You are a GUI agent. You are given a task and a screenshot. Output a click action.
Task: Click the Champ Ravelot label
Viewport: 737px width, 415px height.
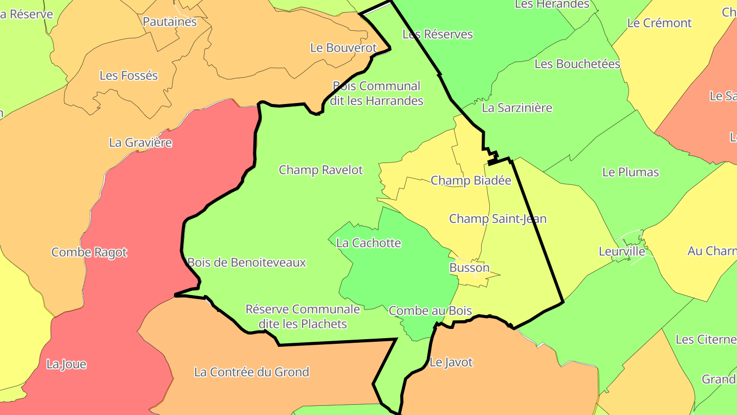click(x=320, y=170)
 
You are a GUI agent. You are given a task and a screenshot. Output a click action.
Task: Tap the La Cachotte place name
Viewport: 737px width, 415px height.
click(x=368, y=243)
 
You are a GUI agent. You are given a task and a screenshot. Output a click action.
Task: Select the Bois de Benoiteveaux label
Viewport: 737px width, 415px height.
click(x=246, y=262)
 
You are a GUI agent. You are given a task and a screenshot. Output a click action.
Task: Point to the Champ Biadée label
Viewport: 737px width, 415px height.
click(x=471, y=180)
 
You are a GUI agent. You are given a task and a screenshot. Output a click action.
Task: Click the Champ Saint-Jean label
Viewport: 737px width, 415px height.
click(x=497, y=219)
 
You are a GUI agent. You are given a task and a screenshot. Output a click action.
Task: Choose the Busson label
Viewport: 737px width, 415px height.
click(x=469, y=267)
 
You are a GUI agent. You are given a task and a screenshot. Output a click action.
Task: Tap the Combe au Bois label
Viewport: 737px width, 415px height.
click(x=430, y=310)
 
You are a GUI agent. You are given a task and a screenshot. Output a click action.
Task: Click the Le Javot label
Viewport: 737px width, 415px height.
click(x=451, y=362)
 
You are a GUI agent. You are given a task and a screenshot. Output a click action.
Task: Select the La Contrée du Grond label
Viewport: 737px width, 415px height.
click(x=251, y=372)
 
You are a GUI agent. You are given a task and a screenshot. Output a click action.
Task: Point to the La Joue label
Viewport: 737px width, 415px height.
click(x=66, y=364)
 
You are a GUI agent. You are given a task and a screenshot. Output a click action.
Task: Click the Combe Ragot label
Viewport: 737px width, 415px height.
click(x=89, y=252)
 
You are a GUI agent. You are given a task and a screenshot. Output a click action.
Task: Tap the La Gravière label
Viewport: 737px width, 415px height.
click(x=140, y=142)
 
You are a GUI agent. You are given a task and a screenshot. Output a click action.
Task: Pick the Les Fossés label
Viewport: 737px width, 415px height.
click(x=128, y=75)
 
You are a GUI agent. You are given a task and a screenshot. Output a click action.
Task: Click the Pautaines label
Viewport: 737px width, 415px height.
click(x=169, y=22)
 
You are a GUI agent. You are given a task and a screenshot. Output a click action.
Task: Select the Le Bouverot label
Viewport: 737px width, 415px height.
click(x=343, y=48)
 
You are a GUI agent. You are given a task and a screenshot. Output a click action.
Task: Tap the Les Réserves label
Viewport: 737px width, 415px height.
click(x=438, y=34)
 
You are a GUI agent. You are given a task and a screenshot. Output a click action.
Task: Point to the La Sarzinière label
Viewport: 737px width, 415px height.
click(x=517, y=108)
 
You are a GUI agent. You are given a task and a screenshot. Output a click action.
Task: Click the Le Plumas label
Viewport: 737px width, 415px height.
click(x=631, y=172)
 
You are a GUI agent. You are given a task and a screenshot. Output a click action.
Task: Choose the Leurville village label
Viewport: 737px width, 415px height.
click(x=622, y=251)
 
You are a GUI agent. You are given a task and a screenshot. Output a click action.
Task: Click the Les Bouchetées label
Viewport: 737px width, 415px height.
click(x=577, y=64)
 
